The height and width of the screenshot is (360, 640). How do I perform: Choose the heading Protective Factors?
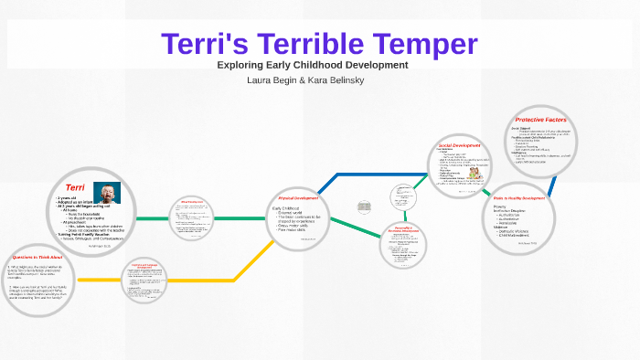coord(540,120)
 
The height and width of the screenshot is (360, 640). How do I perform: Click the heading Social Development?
coord(459,145)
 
